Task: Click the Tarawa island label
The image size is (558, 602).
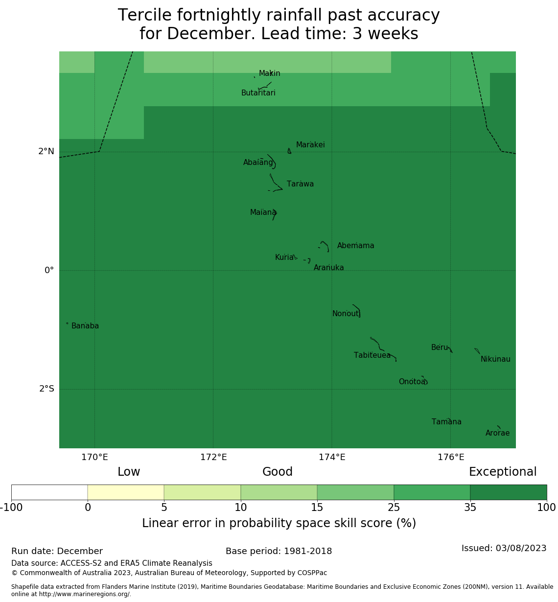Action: point(300,184)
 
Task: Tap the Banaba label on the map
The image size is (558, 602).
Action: point(85,326)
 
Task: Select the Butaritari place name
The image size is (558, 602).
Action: point(258,93)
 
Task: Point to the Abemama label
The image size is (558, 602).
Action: point(355,246)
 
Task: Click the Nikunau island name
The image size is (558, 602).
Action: point(495,359)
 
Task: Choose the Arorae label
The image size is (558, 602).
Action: point(497,433)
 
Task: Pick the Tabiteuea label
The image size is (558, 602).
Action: point(372,355)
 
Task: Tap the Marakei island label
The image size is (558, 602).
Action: point(310,145)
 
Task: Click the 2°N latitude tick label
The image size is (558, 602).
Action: point(46,152)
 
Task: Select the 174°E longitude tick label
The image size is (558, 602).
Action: point(332,458)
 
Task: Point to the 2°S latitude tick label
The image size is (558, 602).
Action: point(46,389)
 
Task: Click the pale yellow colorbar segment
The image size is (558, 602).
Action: point(126,492)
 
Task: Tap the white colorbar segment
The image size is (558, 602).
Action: point(49,492)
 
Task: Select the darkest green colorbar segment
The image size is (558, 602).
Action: point(508,492)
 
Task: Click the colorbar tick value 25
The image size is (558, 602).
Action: point(394,508)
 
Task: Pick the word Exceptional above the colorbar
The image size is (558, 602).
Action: point(503,472)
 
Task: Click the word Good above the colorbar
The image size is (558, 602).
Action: point(278,472)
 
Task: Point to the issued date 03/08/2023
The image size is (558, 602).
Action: point(520,548)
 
